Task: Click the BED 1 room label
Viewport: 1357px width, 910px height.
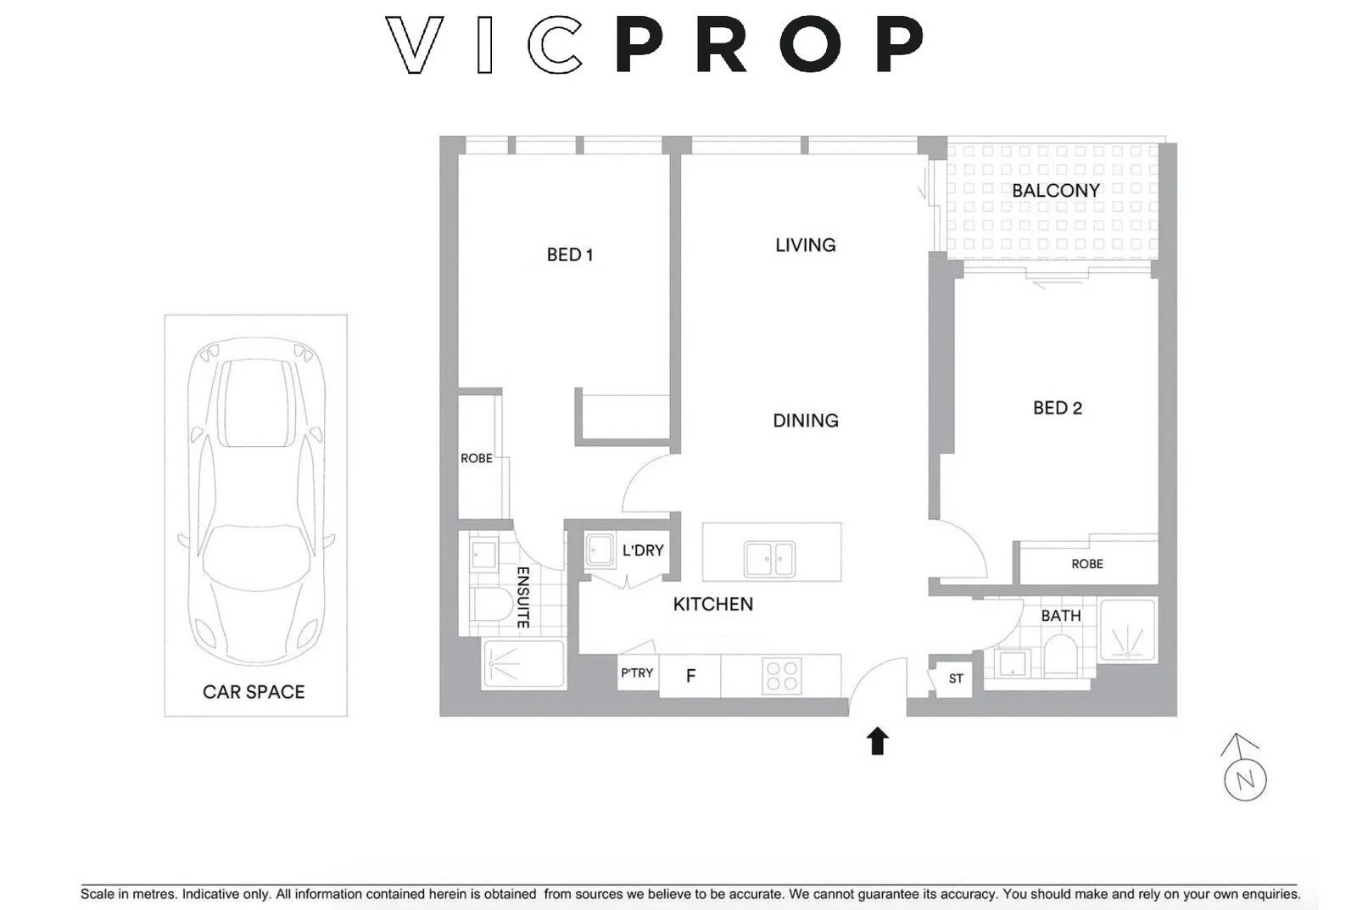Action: tap(569, 254)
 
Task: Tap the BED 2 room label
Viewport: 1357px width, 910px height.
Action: tap(1057, 408)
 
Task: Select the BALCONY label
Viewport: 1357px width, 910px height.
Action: tap(1055, 191)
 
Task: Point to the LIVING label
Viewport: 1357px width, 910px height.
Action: tap(805, 245)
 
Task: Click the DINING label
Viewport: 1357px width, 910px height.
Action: tap(805, 421)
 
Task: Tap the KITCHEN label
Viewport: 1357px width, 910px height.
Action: tap(712, 604)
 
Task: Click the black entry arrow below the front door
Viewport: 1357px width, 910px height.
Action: tap(877, 741)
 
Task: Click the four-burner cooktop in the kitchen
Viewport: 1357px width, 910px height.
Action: tap(781, 676)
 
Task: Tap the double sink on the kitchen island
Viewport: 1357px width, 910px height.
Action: tap(769, 559)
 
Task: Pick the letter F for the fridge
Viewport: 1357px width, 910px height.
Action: tap(690, 676)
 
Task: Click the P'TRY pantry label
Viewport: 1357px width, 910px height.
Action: tap(637, 673)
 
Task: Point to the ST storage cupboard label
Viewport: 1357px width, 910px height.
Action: tap(956, 678)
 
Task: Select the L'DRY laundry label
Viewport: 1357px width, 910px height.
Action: tap(643, 550)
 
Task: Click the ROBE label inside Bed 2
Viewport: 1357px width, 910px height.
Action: tap(1086, 564)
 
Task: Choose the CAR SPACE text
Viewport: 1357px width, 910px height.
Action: tap(254, 692)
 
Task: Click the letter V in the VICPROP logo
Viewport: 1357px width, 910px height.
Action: tap(415, 45)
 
